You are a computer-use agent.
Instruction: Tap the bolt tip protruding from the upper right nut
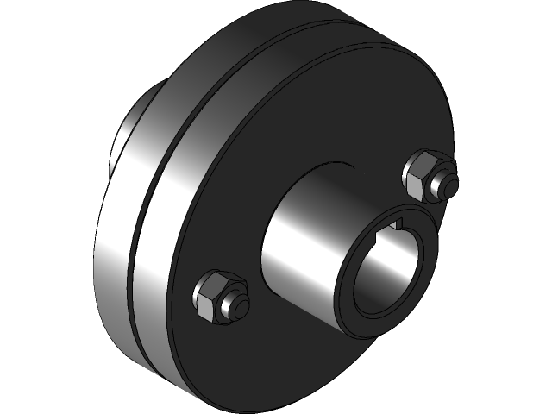[448, 183]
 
